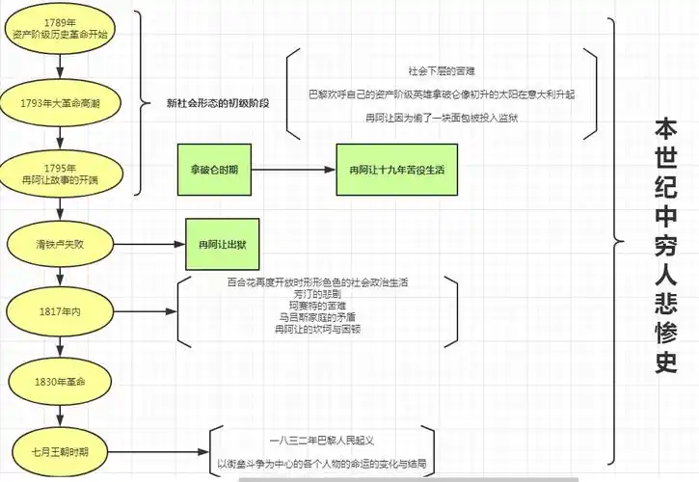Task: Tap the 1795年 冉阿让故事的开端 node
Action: (x=60, y=174)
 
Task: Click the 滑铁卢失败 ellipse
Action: (x=60, y=242)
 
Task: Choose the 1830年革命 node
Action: (x=60, y=382)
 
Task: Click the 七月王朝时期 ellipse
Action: (x=60, y=450)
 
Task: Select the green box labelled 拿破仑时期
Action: (x=214, y=169)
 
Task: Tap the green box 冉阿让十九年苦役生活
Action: (x=395, y=169)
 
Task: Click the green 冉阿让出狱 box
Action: (x=223, y=243)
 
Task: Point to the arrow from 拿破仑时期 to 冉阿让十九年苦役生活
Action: (x=293, y=169)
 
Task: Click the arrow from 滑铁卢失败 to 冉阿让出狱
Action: (x=149, y=242)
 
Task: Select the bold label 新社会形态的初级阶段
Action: (x=218, y=102)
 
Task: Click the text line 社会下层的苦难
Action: (x=441, y=71)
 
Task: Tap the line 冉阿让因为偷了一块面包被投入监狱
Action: (x=441, y=118)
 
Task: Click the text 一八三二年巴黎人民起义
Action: (x=322, y=440)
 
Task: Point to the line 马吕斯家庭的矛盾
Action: (x=317, y=317)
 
